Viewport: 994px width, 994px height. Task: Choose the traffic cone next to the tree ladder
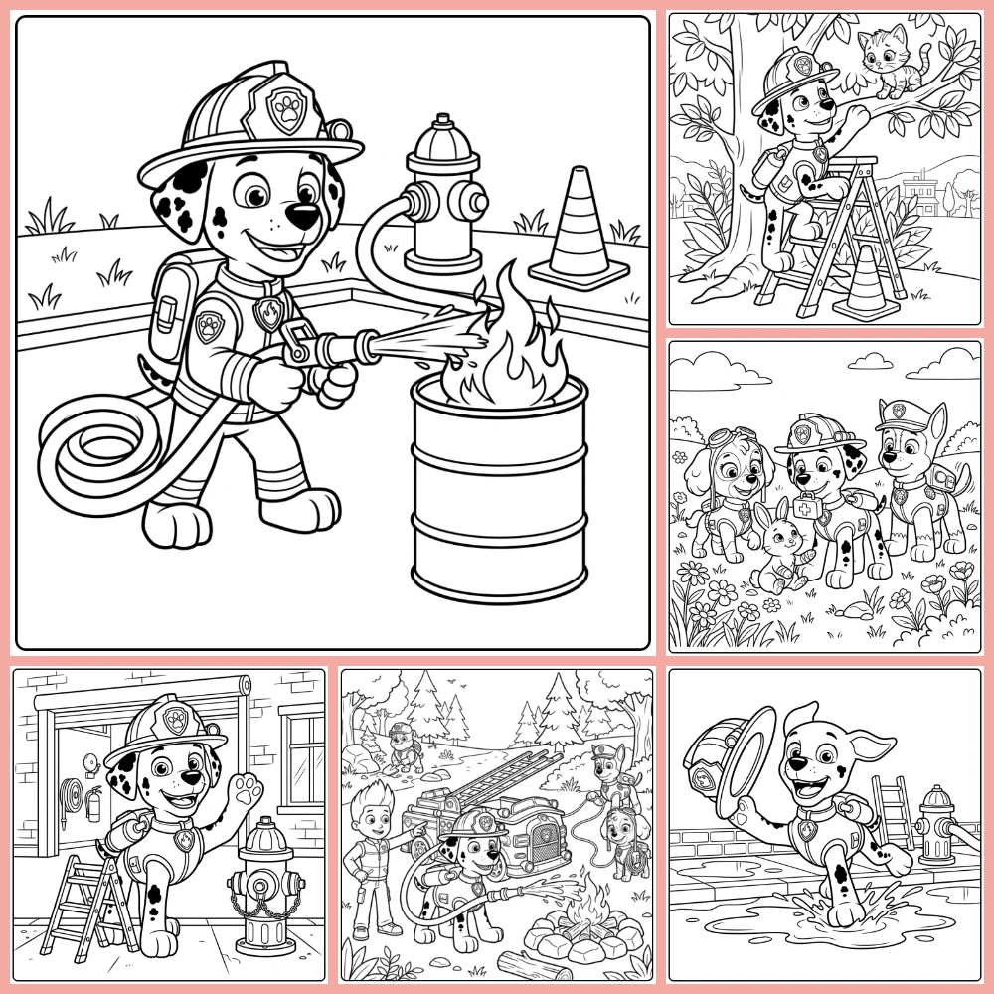click(866, 283)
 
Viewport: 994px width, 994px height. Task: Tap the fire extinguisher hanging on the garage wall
click(94, 803)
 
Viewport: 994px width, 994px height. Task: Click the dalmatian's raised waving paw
click(243, 795)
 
